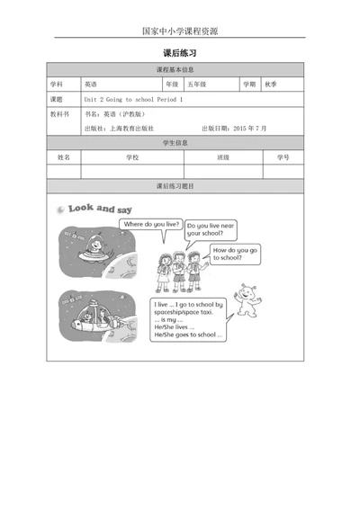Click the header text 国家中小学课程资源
[x=180, y=30]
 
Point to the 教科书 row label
[x=59, y=114]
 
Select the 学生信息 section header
[x=180, y=143]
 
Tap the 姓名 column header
[x=64, y=157]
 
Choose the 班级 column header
[x=223, y=157]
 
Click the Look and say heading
[x=94, y=209]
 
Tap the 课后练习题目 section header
[x=180, y=186]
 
